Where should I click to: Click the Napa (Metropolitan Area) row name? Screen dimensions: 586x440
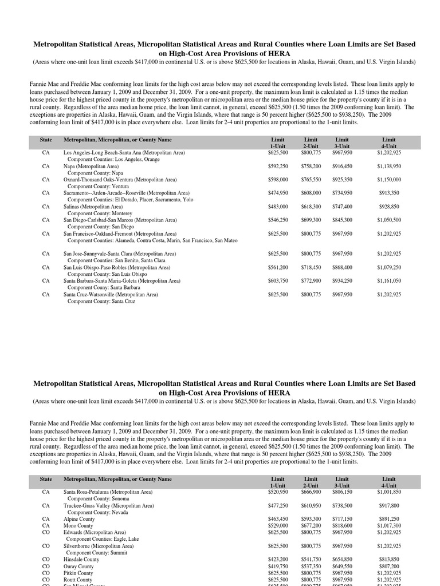click(x=91, y=167)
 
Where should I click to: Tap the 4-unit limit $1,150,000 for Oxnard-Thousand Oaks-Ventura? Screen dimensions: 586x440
click(x=389, y=180)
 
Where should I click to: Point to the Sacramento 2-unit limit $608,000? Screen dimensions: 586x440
click(x=311, y=193)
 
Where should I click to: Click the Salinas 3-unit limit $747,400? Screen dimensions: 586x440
click(x=342, y=207)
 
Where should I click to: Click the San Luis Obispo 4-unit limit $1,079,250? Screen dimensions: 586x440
click(x=389, y=267)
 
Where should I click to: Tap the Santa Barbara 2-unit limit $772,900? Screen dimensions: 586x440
click(x=311, y=281)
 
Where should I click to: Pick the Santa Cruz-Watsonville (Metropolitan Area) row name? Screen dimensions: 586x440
click(x=111, y=295)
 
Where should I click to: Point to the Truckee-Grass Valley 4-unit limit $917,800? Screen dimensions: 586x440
click(x=389, y=506)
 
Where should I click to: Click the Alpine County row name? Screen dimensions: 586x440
click(x=79, y=519)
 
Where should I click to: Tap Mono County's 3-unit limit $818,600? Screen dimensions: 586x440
click(x=342, y=525)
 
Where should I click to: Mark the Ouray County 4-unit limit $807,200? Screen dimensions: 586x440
click(x=389, y=566)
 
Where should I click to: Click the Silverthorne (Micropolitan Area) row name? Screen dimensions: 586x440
click(x=99, y=547)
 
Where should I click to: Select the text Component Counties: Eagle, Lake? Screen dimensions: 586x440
click(x=103, y=539)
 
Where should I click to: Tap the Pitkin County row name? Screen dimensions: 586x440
click(x=78, y=573)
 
